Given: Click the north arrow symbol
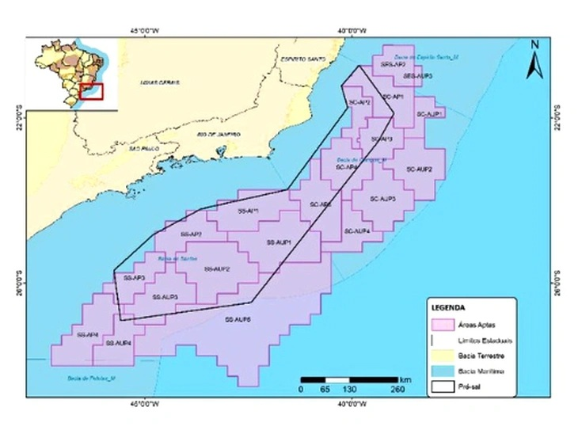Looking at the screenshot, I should point(535,60).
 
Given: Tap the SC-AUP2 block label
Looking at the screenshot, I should point(419,169).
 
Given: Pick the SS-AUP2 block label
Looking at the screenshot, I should point(217,269).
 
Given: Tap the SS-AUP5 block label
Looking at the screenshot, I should point(238,319).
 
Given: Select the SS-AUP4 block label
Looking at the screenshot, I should point(117,343).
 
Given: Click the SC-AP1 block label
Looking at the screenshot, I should point(394,97).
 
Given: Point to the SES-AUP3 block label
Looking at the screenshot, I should point(417,75).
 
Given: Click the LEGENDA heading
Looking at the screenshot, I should point(448,306).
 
